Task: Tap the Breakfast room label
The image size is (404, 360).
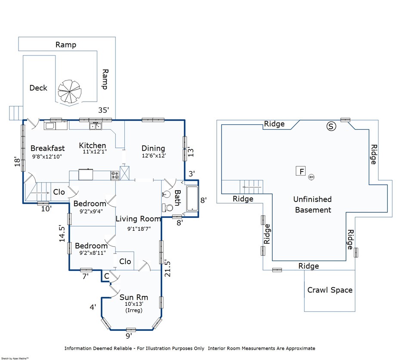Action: pyautogui.click(x=48, y=148)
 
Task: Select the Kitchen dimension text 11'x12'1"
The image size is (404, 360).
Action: pyautogui.click(x=95, y=152)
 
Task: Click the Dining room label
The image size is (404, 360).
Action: pyautogui.click(x=153, y=148)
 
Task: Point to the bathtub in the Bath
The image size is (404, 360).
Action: pyautogui.click(x=192, y=199)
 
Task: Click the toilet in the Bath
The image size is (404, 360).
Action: pyautogui.click(x=168, y=207)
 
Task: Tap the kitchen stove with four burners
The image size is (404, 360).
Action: pyautogui.click(x=115, y=175)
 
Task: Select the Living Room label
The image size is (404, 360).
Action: pyautogui.click(x=138, y=219)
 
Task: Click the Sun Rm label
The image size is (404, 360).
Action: pyautogui.click(x=134, y=297)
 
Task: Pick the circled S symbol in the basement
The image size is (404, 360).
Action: pyautogui.click(x=331, y=126)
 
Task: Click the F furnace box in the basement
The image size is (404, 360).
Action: pyautogui.click(x=301, y=171)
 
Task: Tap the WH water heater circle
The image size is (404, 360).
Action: pyautogui.click(x=311, y=177)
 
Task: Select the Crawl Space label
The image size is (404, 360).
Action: pyautogui.click(x=330, y=290)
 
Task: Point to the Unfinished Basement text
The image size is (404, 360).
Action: pyautogui.click(x=313, y=205)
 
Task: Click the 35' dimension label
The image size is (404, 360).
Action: pyautogui.click(x=104, y=110)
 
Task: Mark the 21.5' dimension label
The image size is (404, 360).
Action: pyautogui.click(x=167, y=269)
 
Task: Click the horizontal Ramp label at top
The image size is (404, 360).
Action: pyautogui.click(x=66, y=45)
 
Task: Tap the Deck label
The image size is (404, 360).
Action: pyautogui.click(x=38, y=88)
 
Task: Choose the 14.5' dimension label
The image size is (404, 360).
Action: pyautogui.click(x=62, y=233)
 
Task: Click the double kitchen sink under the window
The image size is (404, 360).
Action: pyautogui.click(x=96, y=126)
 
